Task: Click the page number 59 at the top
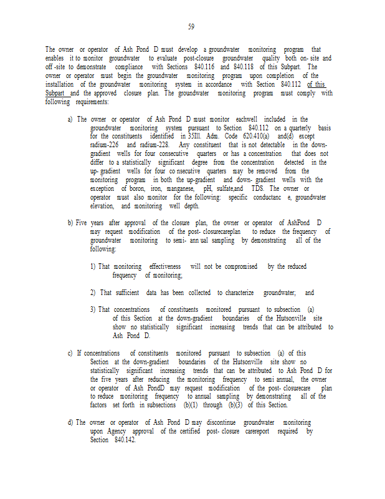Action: pyautogui.click(x=191, y=26)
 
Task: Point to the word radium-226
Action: pyautogui.click(x=103, y=144)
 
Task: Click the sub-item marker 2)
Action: pyautogui.click(x=93, y=293)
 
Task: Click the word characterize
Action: pyautogui.click(x=237, y=293)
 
